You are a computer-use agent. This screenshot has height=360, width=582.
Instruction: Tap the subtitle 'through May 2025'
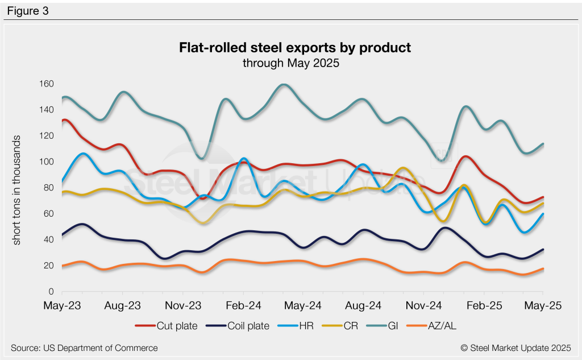coord(290,63)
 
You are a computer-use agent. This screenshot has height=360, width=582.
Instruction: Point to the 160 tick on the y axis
coord(46,84)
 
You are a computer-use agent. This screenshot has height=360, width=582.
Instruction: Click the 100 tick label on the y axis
coord(46,162)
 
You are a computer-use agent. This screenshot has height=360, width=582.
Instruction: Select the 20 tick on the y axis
coord(48,266)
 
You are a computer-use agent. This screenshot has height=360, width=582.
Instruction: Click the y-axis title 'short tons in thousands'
coord(17,190)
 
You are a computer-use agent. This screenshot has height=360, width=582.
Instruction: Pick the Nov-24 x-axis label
coord(425,305)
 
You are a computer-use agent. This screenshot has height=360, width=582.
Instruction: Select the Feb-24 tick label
coord(243,305)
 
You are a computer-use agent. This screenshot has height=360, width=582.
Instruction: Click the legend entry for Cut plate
coord(168,326)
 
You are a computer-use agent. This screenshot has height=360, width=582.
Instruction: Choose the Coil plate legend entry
coord(239,326)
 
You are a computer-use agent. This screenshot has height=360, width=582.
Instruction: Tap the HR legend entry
coord(297,326)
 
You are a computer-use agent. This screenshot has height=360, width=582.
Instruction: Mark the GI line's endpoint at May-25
coord(544,144)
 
